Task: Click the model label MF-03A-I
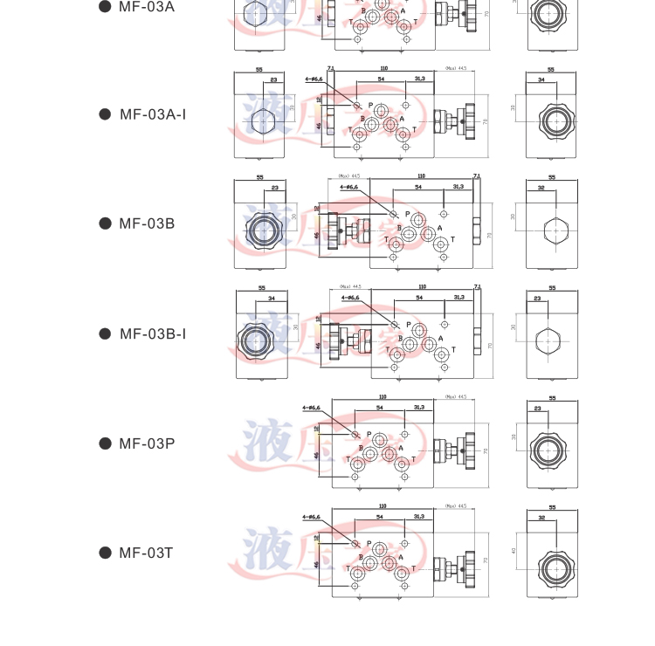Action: coord(153,114)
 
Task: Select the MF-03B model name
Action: coord(147,223)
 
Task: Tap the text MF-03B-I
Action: coord(153,333)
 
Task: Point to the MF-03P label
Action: coord(147,443)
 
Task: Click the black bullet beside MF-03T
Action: coord(105,553)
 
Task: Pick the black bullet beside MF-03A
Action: coord(105,6)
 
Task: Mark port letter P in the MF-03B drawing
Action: coord(407,215)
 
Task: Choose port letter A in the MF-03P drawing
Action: coord(401,448)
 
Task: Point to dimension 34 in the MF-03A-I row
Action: coord(541,80)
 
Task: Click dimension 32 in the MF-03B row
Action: coord(541,188)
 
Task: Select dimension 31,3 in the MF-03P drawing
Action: coord(419,407)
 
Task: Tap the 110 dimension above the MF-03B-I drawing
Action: coord(422,286)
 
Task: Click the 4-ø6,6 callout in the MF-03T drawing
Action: coord(312,518)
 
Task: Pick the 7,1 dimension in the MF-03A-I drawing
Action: coord(331,67)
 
